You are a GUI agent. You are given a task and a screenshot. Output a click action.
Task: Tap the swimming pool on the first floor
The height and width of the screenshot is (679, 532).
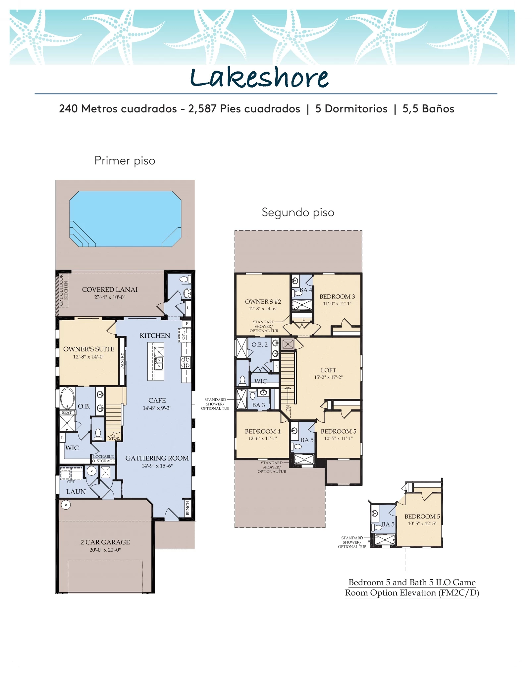click(x=125, y=219)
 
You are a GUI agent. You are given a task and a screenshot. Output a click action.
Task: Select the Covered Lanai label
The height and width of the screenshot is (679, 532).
click(x=110, y=289)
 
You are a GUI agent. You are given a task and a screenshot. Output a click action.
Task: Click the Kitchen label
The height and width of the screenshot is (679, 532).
click(x=155, y=336)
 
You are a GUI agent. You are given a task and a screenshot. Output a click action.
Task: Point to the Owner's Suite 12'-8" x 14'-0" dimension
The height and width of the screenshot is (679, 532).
click(x=89, y=357)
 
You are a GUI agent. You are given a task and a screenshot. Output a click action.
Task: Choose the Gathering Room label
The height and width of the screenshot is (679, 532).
click(x=157, y=458)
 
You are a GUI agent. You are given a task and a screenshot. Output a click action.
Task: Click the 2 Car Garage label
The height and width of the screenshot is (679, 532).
click(x=105, y=542)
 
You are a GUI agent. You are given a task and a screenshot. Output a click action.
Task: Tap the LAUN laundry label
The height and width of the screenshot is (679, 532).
click(x=76, y=492)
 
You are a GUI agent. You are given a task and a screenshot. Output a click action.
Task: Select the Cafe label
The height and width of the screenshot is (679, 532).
click(x=157, y=400)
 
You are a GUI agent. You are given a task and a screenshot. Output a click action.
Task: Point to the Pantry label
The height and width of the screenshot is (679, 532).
click(x=122, y=361)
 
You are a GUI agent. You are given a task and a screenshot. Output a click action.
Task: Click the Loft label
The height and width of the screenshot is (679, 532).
click(x=328, y=370)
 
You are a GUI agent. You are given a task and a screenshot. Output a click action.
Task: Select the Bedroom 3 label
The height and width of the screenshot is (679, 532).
click(x=337, y=296)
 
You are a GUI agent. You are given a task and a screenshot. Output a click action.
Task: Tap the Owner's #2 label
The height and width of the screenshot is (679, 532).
click(x=263, y=302)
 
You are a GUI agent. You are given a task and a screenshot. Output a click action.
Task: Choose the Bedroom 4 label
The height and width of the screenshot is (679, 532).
click(x=263, y=431)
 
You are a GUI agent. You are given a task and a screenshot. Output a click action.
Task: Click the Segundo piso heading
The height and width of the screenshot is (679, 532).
click(x=298, y=213)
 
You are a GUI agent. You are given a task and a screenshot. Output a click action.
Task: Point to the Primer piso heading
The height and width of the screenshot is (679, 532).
click(x=125, y=161)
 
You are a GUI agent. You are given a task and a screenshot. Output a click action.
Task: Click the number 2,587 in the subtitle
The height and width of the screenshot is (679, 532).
click(x=202, y=109)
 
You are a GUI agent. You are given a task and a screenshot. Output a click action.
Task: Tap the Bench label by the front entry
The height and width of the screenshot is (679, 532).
click(x=188, y=508)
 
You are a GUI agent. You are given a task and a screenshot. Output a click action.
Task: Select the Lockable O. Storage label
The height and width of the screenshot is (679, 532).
click(x=103, y=459)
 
